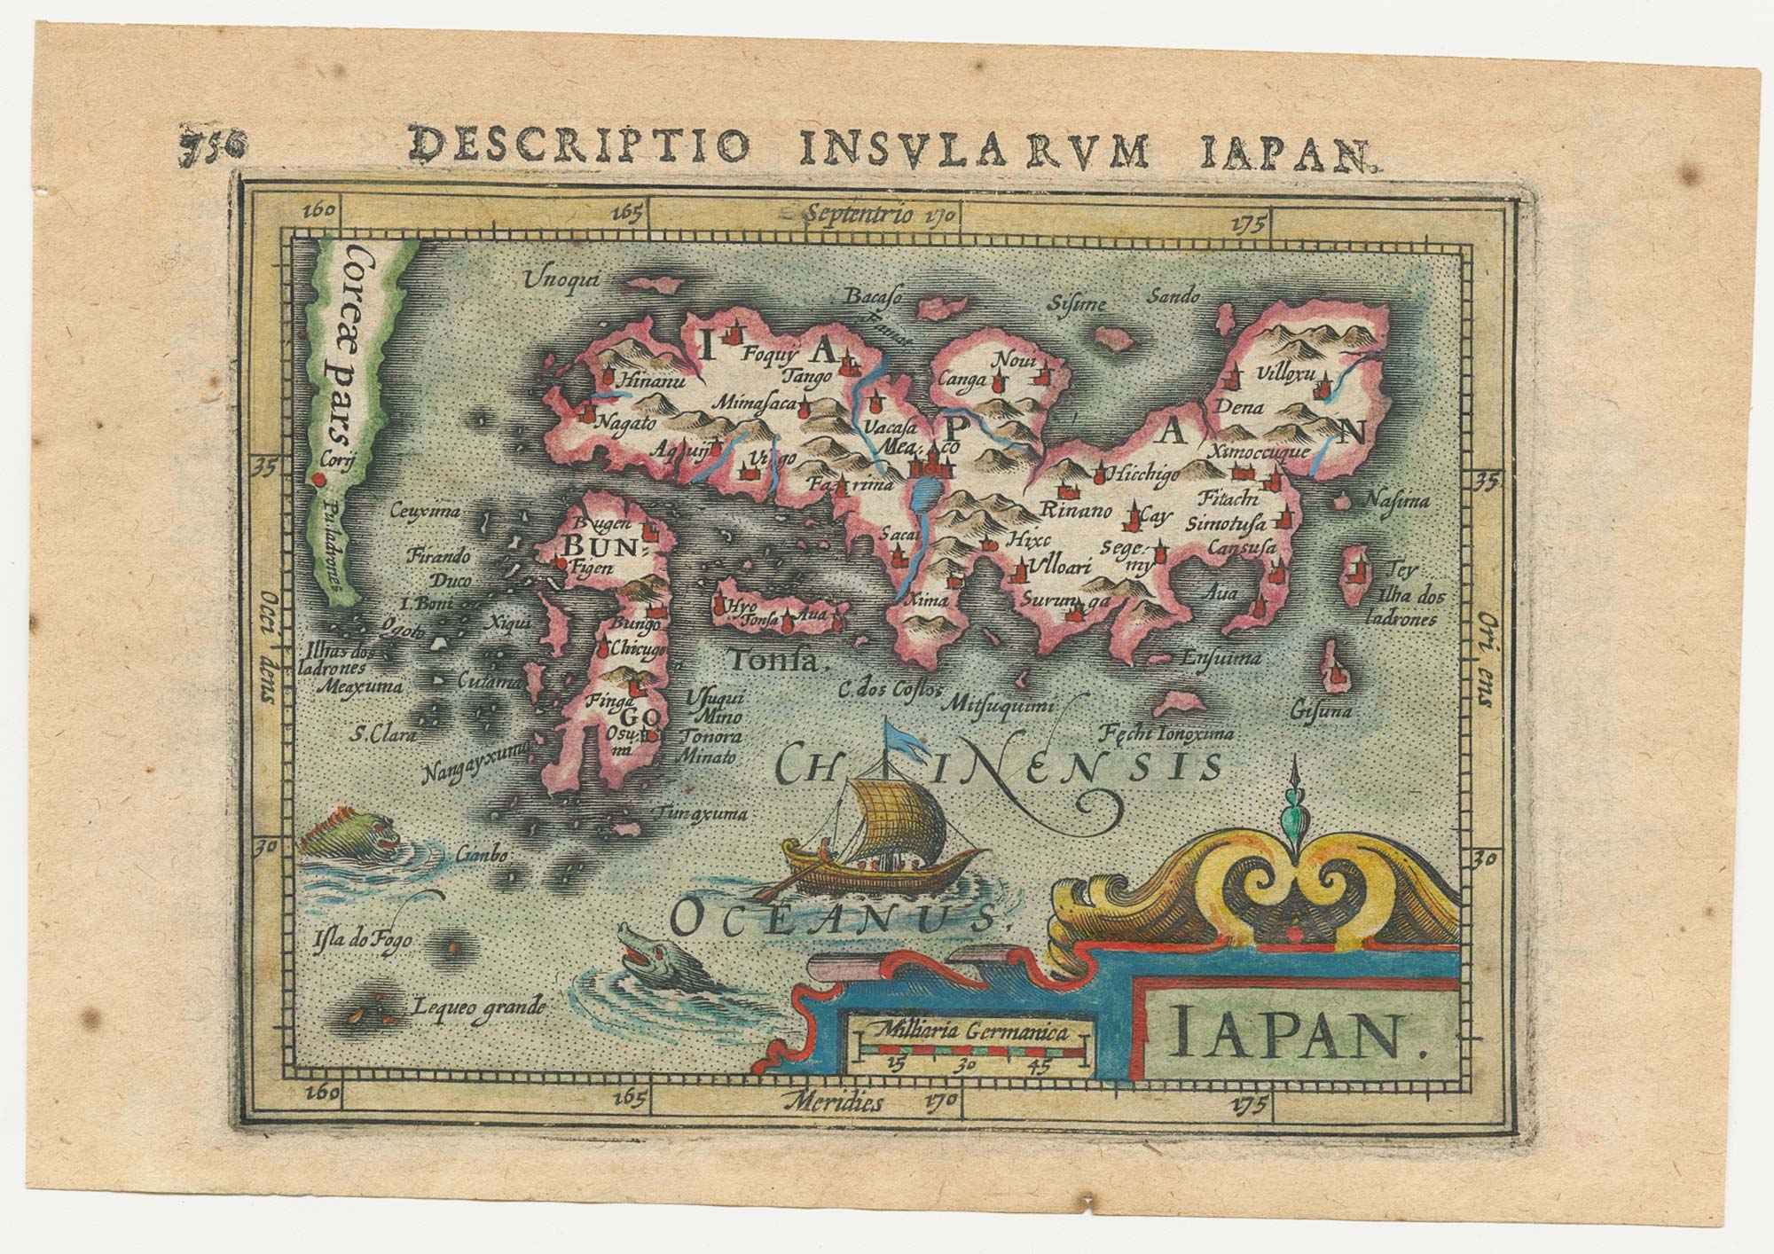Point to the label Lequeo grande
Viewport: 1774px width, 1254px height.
point(477,1007)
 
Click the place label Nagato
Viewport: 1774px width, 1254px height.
point(624,421)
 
